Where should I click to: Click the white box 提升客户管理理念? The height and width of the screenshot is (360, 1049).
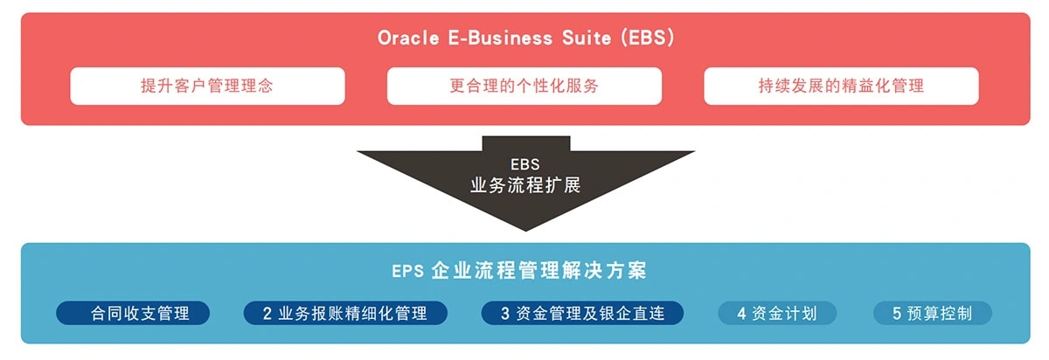tap(207, 86)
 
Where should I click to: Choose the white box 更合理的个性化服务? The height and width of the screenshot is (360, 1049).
tap(524, 86)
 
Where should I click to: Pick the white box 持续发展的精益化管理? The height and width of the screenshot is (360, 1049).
tap(841, 86)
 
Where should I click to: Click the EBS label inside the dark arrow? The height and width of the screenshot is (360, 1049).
tap(524, 164)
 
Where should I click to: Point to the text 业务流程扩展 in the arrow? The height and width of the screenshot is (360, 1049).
tap(524, 185)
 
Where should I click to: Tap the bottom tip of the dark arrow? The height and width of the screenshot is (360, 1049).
tap(525, 229)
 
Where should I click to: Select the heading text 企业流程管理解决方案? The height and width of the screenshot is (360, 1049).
tap(538, 270)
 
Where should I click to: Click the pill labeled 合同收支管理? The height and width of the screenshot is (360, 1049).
tap(134, 314)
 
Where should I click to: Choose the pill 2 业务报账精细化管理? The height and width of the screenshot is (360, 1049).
tap(345, 314)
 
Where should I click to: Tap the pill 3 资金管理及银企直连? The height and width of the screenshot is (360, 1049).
tap(582, 314)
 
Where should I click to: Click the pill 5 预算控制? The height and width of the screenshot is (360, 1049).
tap(933, 314)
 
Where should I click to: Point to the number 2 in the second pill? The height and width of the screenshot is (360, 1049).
tap(267, 314)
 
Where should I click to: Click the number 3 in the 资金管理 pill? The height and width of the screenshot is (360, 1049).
tap(505, 314)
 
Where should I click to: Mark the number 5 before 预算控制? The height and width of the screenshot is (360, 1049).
tap(897, 314)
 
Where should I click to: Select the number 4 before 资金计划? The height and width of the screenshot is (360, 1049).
tap(741, 314)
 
